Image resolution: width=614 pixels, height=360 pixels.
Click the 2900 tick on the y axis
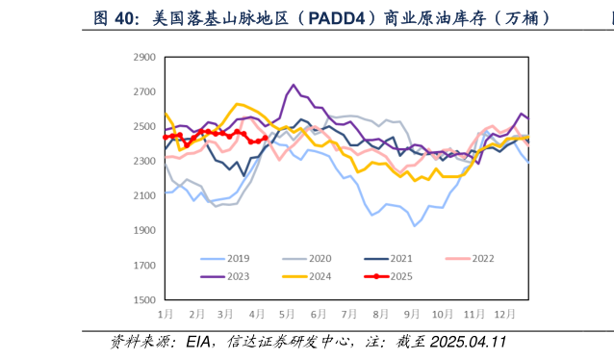point(143,57)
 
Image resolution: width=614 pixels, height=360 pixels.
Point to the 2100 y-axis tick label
point(143,195)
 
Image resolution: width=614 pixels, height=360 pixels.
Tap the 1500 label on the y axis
point(143,300)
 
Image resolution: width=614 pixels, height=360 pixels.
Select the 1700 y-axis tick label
point(143,266)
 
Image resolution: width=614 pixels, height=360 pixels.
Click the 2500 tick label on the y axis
point(143,126)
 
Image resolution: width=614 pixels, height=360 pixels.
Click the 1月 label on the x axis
point(166,314)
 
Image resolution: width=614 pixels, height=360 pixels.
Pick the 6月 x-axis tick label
point(317,314)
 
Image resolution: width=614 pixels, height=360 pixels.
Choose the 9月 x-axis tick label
point(412,314)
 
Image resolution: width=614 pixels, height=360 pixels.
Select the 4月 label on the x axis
point(256,314)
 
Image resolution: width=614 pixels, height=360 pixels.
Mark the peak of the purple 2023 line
point(294,85)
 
